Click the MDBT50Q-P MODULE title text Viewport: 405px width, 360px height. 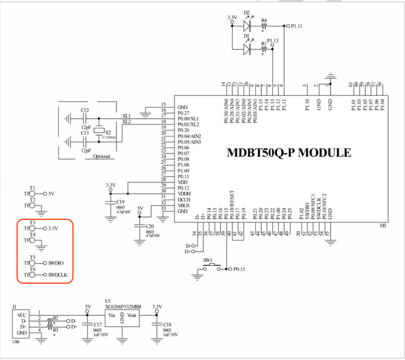289,153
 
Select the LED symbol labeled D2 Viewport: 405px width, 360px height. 248,25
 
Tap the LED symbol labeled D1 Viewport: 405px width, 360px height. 248,49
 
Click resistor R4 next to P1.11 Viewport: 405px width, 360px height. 264,25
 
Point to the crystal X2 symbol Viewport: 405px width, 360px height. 98,131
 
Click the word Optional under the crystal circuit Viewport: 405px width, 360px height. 102,156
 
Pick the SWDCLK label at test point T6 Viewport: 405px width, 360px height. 57,275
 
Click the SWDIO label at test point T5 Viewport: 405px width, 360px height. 56,263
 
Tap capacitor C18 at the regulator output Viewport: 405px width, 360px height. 157,326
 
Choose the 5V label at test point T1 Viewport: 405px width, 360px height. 52,193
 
